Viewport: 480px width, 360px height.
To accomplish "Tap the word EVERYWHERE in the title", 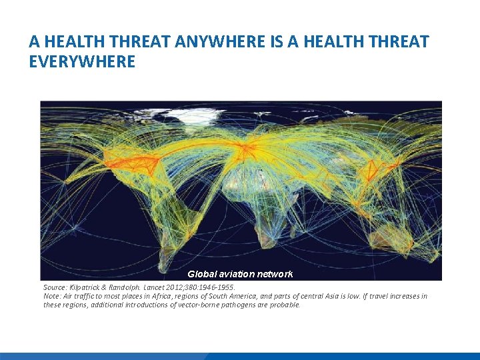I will pos(82,62).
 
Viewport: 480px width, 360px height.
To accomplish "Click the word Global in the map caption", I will pos(202,274).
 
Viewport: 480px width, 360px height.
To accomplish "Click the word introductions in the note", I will pos(131,305).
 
